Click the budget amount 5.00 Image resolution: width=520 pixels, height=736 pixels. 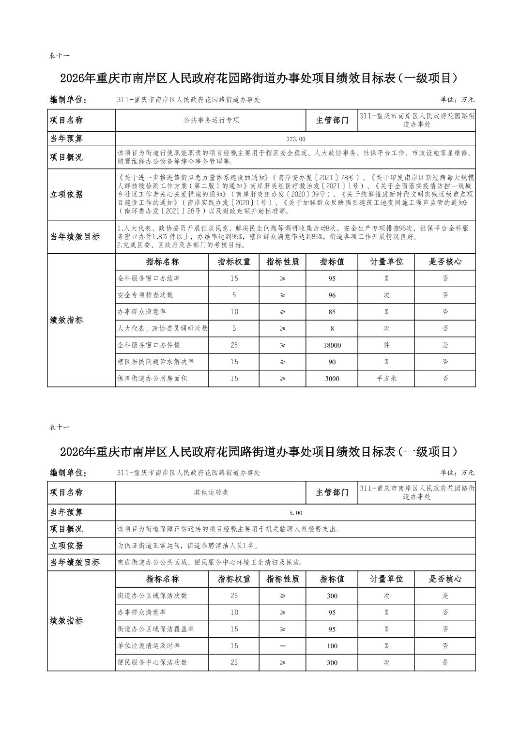click(295, 513)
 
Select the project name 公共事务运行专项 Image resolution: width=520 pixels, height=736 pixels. click(212, 120)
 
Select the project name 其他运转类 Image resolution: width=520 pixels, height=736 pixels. click(212, 492)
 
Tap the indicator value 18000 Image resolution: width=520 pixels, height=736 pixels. click(332, 345)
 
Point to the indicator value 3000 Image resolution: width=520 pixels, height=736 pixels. click(332, 379)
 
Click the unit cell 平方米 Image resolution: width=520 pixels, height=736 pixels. click(386, 379)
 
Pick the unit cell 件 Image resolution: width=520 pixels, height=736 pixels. click(386, 345)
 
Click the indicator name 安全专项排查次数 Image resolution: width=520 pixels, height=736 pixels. click(145, 295)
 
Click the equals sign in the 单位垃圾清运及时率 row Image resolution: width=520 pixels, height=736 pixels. click(283, 645)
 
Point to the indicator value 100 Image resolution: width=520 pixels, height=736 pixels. click(332, 646)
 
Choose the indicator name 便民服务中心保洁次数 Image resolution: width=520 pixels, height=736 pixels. click(152, 662)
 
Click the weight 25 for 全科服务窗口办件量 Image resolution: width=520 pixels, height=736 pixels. click(234, 345)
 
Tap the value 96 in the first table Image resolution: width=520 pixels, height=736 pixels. click(332, 295)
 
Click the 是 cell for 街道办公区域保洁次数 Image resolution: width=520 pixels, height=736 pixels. click(445, 596)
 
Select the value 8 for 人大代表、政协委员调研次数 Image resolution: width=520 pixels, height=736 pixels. click(332, 329)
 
